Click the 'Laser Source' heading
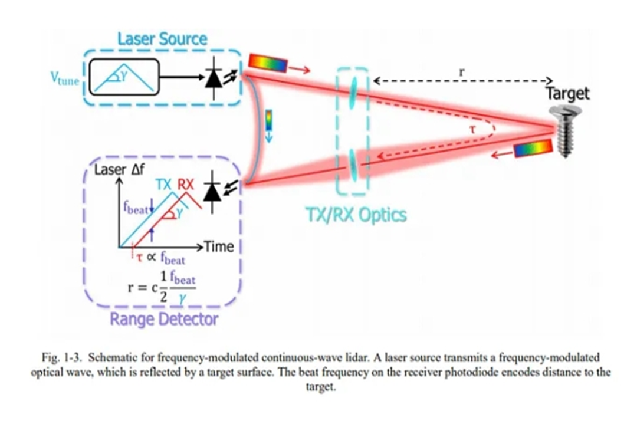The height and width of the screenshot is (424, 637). (x=162, y=40)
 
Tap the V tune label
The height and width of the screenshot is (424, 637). (x=65, y=79)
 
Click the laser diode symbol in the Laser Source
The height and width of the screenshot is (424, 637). (x=213, y=77)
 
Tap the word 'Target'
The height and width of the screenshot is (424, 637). (x=567, y=93)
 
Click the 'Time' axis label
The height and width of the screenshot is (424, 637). (x=219, y=246)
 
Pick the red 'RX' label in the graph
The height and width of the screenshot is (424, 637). (x=186, y=184)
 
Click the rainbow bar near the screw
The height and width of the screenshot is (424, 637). (x=532, y=148)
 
